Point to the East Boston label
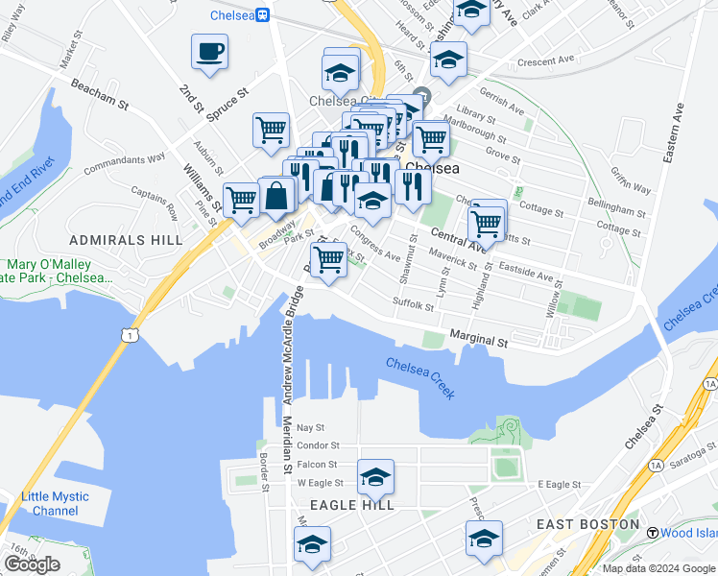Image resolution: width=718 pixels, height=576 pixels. click(587, 524)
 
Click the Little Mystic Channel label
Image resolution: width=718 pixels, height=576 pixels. click(55, 503)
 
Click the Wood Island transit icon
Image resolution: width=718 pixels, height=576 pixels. click(652, 533)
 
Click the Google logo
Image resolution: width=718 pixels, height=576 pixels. click(32, 564)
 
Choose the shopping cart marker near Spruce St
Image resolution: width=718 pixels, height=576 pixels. click(272, 130)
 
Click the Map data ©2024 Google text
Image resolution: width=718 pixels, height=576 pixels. click(658, 568)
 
